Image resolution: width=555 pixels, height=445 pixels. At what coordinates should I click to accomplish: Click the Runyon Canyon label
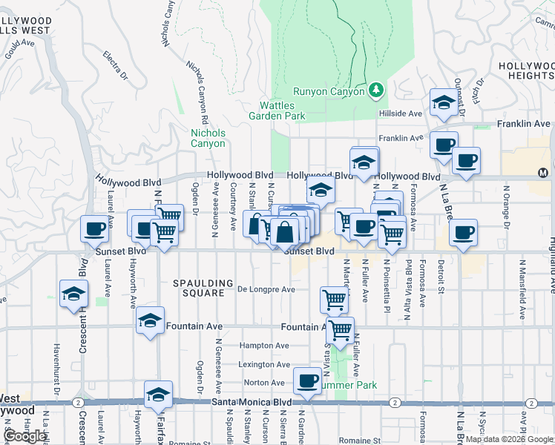[x=329, y=91]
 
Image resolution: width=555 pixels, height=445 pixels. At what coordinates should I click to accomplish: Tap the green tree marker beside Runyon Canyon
[x=376, y=90]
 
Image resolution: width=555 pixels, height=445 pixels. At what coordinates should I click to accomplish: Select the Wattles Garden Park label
[x=282, y=111]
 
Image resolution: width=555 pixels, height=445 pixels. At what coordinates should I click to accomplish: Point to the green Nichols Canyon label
[x=208, y=138]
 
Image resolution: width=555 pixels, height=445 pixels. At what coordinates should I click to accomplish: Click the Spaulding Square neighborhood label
[x=198, y=288]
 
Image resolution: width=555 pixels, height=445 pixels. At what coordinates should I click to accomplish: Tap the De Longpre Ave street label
[x=266, y=289]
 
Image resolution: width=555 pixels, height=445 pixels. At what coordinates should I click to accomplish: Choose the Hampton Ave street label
[x=263, y=346]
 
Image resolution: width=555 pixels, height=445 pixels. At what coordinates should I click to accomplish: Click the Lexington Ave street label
[x=264, y=365]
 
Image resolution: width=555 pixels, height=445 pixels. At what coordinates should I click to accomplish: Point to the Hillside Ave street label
[x=401, y=113]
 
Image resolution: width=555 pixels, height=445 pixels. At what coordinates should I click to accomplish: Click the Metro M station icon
[x=542, y=173]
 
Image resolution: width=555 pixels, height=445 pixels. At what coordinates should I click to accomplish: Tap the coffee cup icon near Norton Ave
[x=307, y=381]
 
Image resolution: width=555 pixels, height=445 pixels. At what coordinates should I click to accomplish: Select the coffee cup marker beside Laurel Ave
[x=95, y=229]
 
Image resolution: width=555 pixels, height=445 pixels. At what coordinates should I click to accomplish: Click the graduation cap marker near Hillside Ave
[x=443, y=103]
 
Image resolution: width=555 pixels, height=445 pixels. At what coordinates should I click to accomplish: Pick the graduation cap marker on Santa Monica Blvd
[x=158, y=395]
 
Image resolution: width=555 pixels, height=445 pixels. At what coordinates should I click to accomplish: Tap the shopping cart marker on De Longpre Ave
[x=334, y=300]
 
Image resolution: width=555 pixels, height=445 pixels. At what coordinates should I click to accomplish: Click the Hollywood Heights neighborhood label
[x=526, y=70]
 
